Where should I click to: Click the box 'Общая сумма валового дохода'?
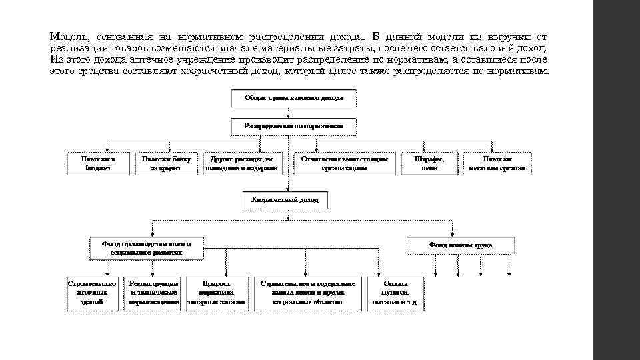(293, 98)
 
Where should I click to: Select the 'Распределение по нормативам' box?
(293, 126)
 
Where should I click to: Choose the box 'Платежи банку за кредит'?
(167, 164)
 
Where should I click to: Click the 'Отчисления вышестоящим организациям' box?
(344, 164)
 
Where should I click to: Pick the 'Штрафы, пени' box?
(429, 164)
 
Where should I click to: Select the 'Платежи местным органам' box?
(498, 164)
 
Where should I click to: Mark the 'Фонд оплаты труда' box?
(461, 245)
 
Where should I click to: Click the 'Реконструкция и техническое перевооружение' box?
(153, 293)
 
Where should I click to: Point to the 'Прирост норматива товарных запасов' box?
(217, 293)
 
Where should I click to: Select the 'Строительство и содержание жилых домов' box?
(308, 293)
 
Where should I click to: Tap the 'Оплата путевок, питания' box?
(395, 293)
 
